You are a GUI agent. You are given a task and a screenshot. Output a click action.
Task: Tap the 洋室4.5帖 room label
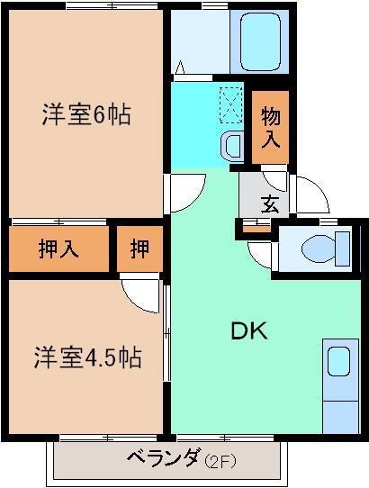[87, 357]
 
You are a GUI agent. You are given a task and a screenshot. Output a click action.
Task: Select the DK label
[249, 330]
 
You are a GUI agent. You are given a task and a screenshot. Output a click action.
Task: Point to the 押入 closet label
[58, 249]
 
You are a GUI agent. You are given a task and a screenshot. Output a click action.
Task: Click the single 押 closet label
[139, 249]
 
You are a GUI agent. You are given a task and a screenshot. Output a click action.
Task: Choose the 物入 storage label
[271, 128]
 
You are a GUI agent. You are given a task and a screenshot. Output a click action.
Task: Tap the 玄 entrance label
[270, 203]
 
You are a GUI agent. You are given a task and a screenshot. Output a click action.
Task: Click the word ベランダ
[163, 460]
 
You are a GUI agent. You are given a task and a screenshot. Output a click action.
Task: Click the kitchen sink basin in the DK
[338, 361]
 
